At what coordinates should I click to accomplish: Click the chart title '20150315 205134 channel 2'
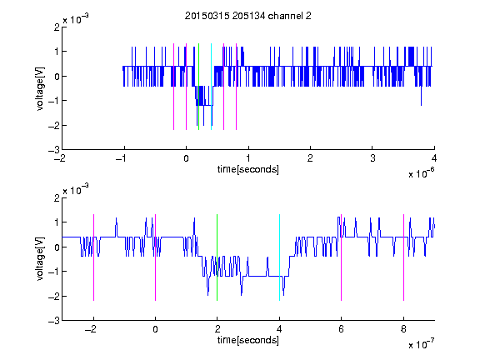click(248, 16)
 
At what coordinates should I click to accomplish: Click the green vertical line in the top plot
click(198, 87)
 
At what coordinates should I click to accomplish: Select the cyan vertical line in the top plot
click(211, 87)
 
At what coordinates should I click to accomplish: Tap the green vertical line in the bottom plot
click(217, 257)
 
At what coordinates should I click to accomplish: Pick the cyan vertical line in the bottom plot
click(279, 257)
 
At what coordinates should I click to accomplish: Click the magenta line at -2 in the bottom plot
click(93, 257)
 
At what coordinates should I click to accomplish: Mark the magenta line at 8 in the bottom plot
click(404, 257)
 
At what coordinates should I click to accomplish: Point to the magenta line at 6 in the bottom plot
click(342, 257)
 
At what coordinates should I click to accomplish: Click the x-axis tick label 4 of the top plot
click(434, 158)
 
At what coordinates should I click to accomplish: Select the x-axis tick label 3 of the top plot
click(372, 158)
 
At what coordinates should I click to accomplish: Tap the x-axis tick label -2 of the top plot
click(60, 158)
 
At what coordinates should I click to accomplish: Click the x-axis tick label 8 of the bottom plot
click(403, 329)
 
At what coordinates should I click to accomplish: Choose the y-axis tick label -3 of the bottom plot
click(54, 321)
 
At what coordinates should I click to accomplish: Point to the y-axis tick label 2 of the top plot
click(57, 27)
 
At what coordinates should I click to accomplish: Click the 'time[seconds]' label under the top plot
click(248, 169)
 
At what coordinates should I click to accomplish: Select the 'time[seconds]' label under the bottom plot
click(248, 340)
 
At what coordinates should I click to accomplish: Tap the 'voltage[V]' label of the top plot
click(40, 89)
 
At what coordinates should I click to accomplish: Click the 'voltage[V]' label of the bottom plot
click(40, 259)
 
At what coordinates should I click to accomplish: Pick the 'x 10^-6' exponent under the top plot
click(422, 173)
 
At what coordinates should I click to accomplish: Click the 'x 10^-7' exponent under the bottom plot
click(422, 344)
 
